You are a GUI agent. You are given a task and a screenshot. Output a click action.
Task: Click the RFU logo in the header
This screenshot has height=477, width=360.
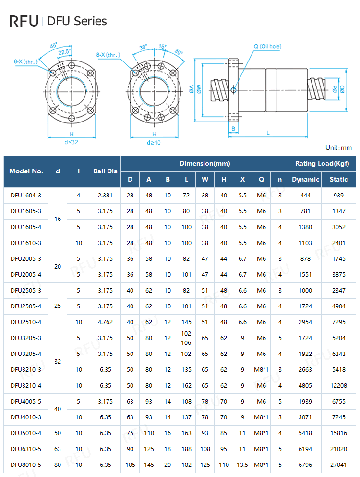point(24,21)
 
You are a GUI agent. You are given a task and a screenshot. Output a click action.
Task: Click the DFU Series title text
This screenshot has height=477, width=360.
point(77,21)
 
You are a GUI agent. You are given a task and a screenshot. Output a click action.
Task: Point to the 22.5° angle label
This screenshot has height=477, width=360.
point(64,52)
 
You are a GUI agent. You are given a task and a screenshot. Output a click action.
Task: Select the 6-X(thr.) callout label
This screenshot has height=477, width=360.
point(24,61)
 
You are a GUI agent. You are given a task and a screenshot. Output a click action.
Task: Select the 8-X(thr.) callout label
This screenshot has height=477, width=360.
point(108,55)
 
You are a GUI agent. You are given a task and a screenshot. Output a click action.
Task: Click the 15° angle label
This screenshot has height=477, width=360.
point(163,47)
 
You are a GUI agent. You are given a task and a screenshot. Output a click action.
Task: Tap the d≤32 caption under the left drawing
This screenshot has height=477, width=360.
point(71,142)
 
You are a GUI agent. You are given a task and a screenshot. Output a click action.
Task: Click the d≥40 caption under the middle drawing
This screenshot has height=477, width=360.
point(154,142)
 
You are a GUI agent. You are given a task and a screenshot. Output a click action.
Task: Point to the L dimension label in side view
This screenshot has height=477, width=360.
point(268,133)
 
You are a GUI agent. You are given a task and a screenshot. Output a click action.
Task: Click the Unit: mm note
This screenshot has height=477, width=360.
point(338,147)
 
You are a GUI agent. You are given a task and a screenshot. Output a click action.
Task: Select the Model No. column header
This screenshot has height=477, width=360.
point(26,171)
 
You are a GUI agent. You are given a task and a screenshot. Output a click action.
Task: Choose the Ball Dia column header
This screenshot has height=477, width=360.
point(105,171)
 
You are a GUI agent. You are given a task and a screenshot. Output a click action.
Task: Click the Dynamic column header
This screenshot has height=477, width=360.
point(305,179)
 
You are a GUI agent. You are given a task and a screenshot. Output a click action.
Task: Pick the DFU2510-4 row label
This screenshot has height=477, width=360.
point(26,322)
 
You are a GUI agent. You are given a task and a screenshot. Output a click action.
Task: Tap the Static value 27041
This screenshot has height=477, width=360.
point(338,465)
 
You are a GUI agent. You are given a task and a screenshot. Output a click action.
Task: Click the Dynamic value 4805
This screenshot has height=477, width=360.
point(305,385)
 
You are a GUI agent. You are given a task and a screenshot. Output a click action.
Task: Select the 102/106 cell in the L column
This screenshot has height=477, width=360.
point(186,338)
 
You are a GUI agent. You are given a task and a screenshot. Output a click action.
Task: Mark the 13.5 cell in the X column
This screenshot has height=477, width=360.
point(242,465)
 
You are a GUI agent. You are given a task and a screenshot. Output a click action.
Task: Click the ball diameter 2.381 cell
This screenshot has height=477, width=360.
point(105,195)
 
